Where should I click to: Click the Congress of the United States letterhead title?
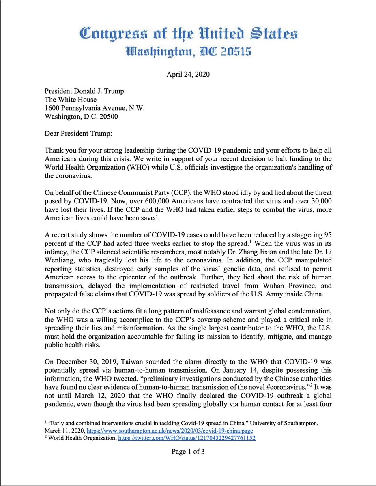(188, 33)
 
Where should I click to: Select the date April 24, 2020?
(187, 75)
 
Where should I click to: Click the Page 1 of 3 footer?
(188, 452)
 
